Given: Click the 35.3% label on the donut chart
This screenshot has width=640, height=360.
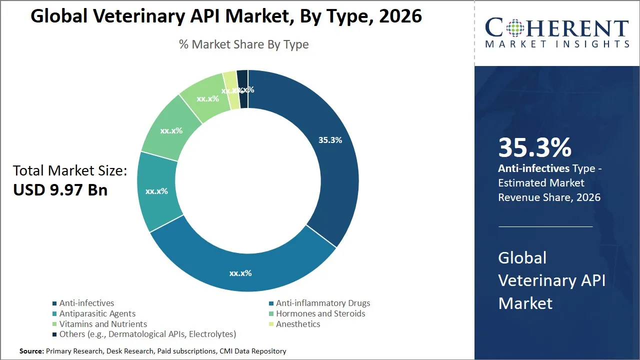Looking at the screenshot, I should point(330,140).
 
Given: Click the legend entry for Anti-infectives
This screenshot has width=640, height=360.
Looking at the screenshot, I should point(86,303).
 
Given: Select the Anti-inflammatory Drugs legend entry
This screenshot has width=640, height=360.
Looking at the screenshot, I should point(322,303).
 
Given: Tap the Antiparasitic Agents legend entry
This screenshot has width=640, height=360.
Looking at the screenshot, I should point(97,313).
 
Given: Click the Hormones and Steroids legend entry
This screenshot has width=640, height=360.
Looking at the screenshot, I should point(320,313).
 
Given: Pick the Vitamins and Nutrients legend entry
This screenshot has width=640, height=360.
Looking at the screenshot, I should point(103,324).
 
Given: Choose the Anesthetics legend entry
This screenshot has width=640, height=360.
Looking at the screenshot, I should point(297,324).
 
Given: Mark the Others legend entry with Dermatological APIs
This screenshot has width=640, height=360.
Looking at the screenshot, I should point(147,334).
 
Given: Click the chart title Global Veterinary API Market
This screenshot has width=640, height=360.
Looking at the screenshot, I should point(226,16).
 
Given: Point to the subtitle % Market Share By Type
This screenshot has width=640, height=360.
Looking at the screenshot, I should point(243,44).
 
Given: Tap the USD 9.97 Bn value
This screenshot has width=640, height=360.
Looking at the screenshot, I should point(60,190).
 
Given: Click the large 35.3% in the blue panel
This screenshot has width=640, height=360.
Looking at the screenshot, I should point(534,147).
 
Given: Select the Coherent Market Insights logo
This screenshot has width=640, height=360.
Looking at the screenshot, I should point(557,33).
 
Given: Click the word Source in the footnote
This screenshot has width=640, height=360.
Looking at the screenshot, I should point(31,351).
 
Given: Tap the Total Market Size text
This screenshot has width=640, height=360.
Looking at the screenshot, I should point(70,170).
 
